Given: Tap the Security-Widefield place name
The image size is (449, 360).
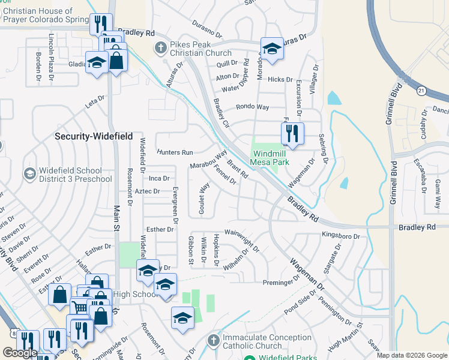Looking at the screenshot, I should [x=94, y=137].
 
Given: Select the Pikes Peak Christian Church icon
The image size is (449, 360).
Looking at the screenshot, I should [x=160, y=47].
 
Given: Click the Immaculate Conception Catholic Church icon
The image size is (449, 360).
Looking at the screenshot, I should [x=212, y=341].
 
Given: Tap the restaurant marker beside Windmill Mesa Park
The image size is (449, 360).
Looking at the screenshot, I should [x=292, y=134].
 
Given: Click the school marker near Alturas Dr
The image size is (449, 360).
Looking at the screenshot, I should [x=272, y=49].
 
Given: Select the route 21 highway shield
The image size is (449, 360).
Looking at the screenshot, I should [x=422, y=90].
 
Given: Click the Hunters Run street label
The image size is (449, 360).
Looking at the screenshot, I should [x=175, y=152].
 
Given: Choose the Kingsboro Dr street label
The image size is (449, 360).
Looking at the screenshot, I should [x=340, y=236].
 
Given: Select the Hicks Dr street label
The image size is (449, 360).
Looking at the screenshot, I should [x=280, y=79].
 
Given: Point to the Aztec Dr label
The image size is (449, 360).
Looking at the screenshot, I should [x=147, y=191].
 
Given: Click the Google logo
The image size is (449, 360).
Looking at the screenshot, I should [x=20, y=353].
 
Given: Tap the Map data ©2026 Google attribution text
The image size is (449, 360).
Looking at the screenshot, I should [x=411, y=355].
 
